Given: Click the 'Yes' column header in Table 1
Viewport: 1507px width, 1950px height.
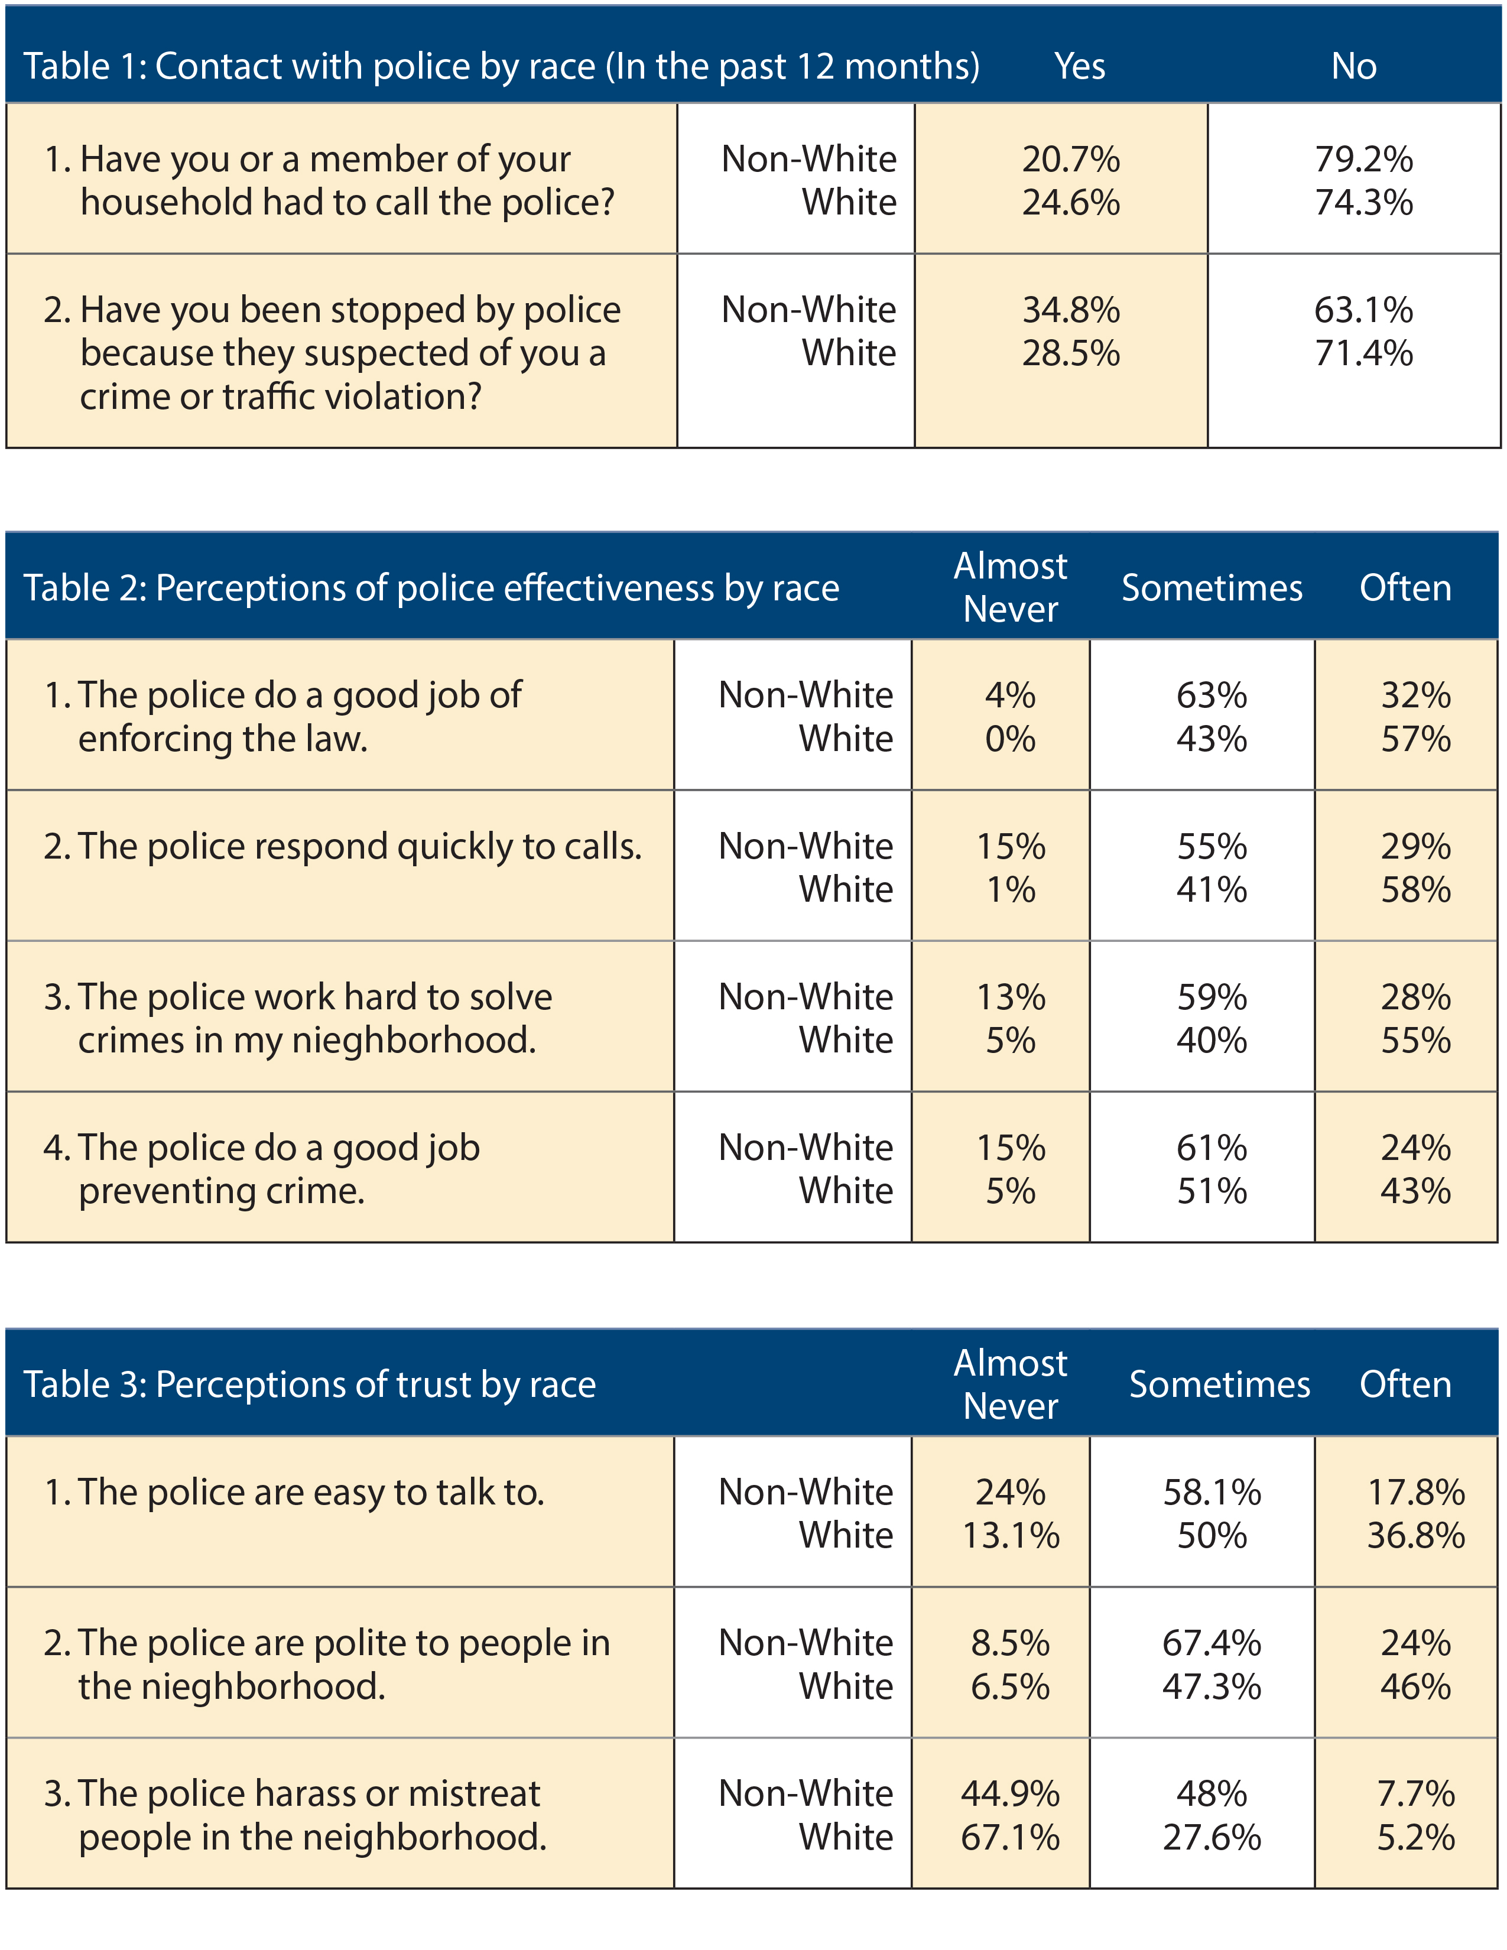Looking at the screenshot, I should click(1079, 66).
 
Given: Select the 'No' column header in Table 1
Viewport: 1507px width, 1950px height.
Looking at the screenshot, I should click(1353, 66).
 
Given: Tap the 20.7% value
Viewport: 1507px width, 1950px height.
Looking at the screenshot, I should click(1070, 160).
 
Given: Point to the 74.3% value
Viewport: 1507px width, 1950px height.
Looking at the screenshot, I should click(1363, 203).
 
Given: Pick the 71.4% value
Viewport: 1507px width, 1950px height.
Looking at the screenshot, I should click(1363, 353).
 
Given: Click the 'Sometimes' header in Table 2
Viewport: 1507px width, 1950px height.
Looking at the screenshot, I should click(1212, 589).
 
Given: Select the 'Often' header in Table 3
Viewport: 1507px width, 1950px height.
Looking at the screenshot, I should click(1405, 1385).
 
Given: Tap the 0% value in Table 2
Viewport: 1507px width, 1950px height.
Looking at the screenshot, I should click(1010, 739).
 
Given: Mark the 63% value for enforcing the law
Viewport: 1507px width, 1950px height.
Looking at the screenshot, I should click(1212, 695).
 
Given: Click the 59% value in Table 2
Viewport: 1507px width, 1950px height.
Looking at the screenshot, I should click(1212, 997).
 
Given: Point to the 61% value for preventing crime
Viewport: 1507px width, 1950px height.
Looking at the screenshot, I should click(1212, 1148).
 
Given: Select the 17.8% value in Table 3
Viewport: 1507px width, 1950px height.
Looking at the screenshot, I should click(1416, 1493).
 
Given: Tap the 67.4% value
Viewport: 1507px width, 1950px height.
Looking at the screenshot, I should click(1212, 1644).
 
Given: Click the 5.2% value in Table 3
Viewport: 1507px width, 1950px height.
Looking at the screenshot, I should click(1416, 1838).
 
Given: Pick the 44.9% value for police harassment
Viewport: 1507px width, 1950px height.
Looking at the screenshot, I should click(1010, 1794).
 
